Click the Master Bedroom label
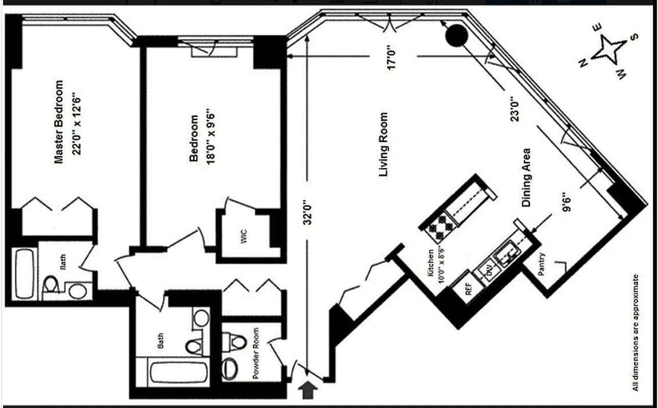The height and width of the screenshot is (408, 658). tap(59, 122)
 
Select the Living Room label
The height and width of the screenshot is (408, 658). tap(384, 144)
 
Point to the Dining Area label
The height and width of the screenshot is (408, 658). tap(526, 177)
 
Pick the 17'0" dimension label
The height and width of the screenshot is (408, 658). tap(393, 59)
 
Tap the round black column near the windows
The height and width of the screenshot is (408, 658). tap(456, 35)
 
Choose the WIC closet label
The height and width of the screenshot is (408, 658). tap(244, 237)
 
